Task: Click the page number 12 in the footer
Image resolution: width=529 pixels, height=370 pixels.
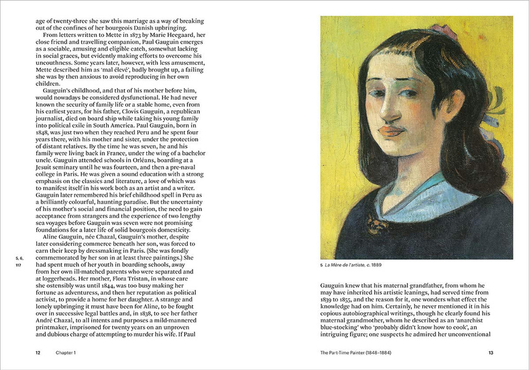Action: pyautogui.click(x=38, y=352)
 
